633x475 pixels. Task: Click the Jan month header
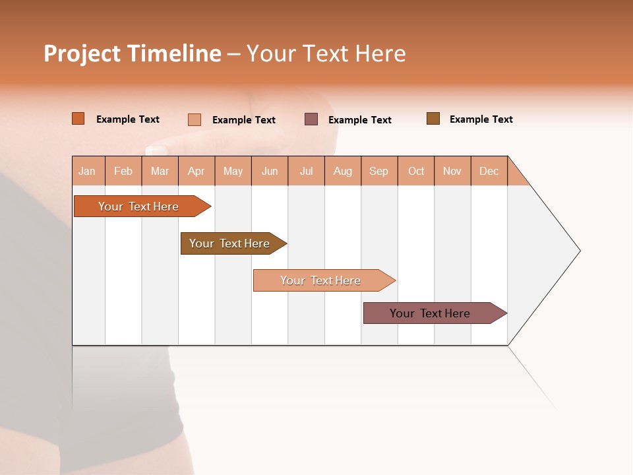coord(88,171)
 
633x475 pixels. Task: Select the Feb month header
coord(123,171)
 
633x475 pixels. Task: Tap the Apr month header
coord(196,171)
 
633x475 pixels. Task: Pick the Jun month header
coord(270,171)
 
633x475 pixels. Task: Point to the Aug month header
coord(343,171)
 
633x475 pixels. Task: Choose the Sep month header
coord(379,171)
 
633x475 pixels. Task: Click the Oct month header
coord(416,171)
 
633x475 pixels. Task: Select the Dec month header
coord(489,171)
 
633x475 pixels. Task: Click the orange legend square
coord(78,119)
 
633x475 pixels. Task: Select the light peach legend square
coord(195,119)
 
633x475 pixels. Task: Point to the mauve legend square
coord(311,119)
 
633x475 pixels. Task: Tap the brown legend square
coord(433,119)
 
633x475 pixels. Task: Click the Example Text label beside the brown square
coord(481,119)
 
